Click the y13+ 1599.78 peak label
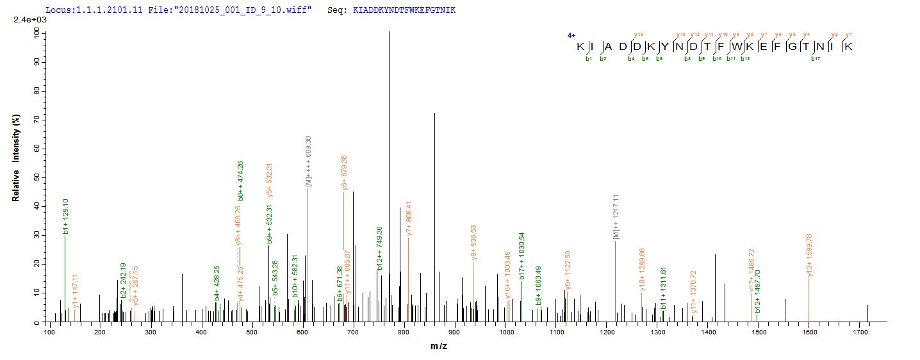click(809, 256)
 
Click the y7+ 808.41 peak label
click(409, 216)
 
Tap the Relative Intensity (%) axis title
click(16, 164)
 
